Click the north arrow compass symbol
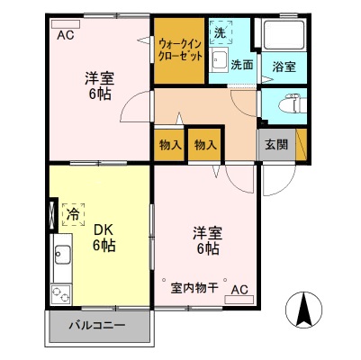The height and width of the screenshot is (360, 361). click(x=304, y=312)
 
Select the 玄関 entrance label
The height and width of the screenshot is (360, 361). click(x=275, y=144)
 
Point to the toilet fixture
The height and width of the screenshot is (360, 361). click(x=286, y=104)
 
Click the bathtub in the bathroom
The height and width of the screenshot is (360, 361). click(x=283, y=34)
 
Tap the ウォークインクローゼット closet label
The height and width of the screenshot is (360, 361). click(x=179, y=49)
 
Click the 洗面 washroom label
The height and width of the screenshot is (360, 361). click(x=240, y=65)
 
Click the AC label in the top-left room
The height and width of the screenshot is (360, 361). click(x=66, y=36)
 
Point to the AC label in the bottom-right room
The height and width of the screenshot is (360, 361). click(x=239, y=290)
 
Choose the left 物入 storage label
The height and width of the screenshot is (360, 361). click(x=170, y=145)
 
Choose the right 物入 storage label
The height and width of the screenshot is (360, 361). click(x=205, y=145)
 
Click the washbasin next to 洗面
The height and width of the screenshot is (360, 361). click(x=218, y=62)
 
